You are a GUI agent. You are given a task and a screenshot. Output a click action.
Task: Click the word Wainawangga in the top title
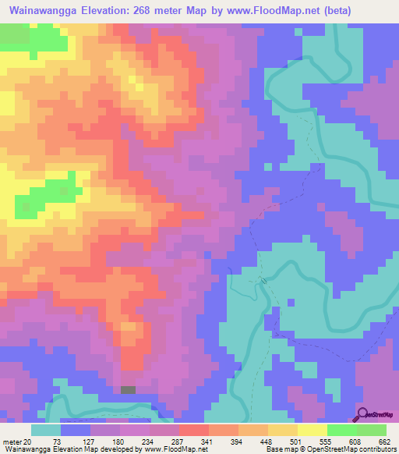click(45, 11)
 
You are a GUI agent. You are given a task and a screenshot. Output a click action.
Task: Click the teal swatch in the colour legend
click(46, 430)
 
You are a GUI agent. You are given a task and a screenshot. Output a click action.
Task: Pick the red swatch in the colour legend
click(193, 430)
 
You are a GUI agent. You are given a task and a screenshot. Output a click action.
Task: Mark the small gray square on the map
click(128, 390)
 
